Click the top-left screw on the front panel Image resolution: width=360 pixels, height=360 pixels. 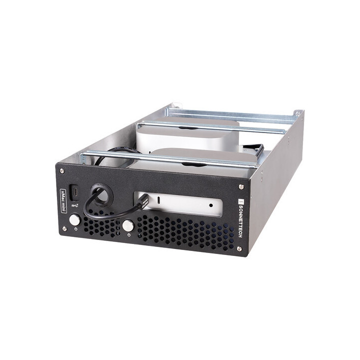tap(61, 171)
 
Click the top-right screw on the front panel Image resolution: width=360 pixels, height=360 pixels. tap(241, 187)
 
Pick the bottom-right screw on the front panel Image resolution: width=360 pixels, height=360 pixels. tap(238, 248)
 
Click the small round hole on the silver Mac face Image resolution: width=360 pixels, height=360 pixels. tap(211, 205)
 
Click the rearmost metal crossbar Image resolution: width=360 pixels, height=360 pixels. tap(235, 114)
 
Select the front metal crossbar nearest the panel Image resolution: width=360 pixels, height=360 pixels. tap(170, 158)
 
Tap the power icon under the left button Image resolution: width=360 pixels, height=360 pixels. tap(75, 228)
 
